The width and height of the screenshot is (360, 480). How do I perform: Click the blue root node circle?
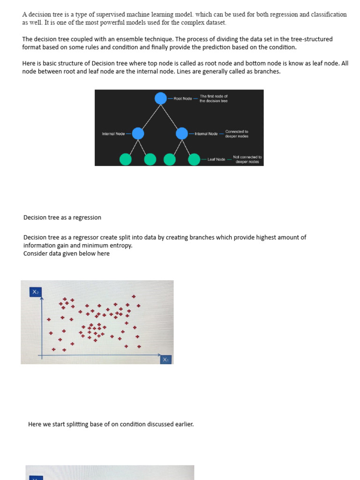161,98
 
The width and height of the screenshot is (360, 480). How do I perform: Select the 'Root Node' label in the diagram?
183,98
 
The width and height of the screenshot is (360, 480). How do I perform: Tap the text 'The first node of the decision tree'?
213,98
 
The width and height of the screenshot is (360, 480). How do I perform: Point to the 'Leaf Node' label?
216,159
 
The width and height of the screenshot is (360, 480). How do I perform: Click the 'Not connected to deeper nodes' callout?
247,159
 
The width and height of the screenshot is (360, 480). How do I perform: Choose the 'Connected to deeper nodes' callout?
237,134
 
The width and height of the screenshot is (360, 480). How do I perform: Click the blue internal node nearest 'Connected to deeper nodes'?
182,134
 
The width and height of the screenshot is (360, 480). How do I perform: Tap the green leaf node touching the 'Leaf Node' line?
194,159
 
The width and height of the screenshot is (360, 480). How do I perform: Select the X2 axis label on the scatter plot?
36,292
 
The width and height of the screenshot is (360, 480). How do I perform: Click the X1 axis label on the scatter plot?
166,360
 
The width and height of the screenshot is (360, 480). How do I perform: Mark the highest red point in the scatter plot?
134,296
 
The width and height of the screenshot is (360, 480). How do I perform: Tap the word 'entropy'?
121,245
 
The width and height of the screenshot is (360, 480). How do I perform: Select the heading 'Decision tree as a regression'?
62,217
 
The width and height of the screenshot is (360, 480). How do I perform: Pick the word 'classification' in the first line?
328,15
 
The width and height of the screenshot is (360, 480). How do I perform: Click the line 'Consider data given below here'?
67,254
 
